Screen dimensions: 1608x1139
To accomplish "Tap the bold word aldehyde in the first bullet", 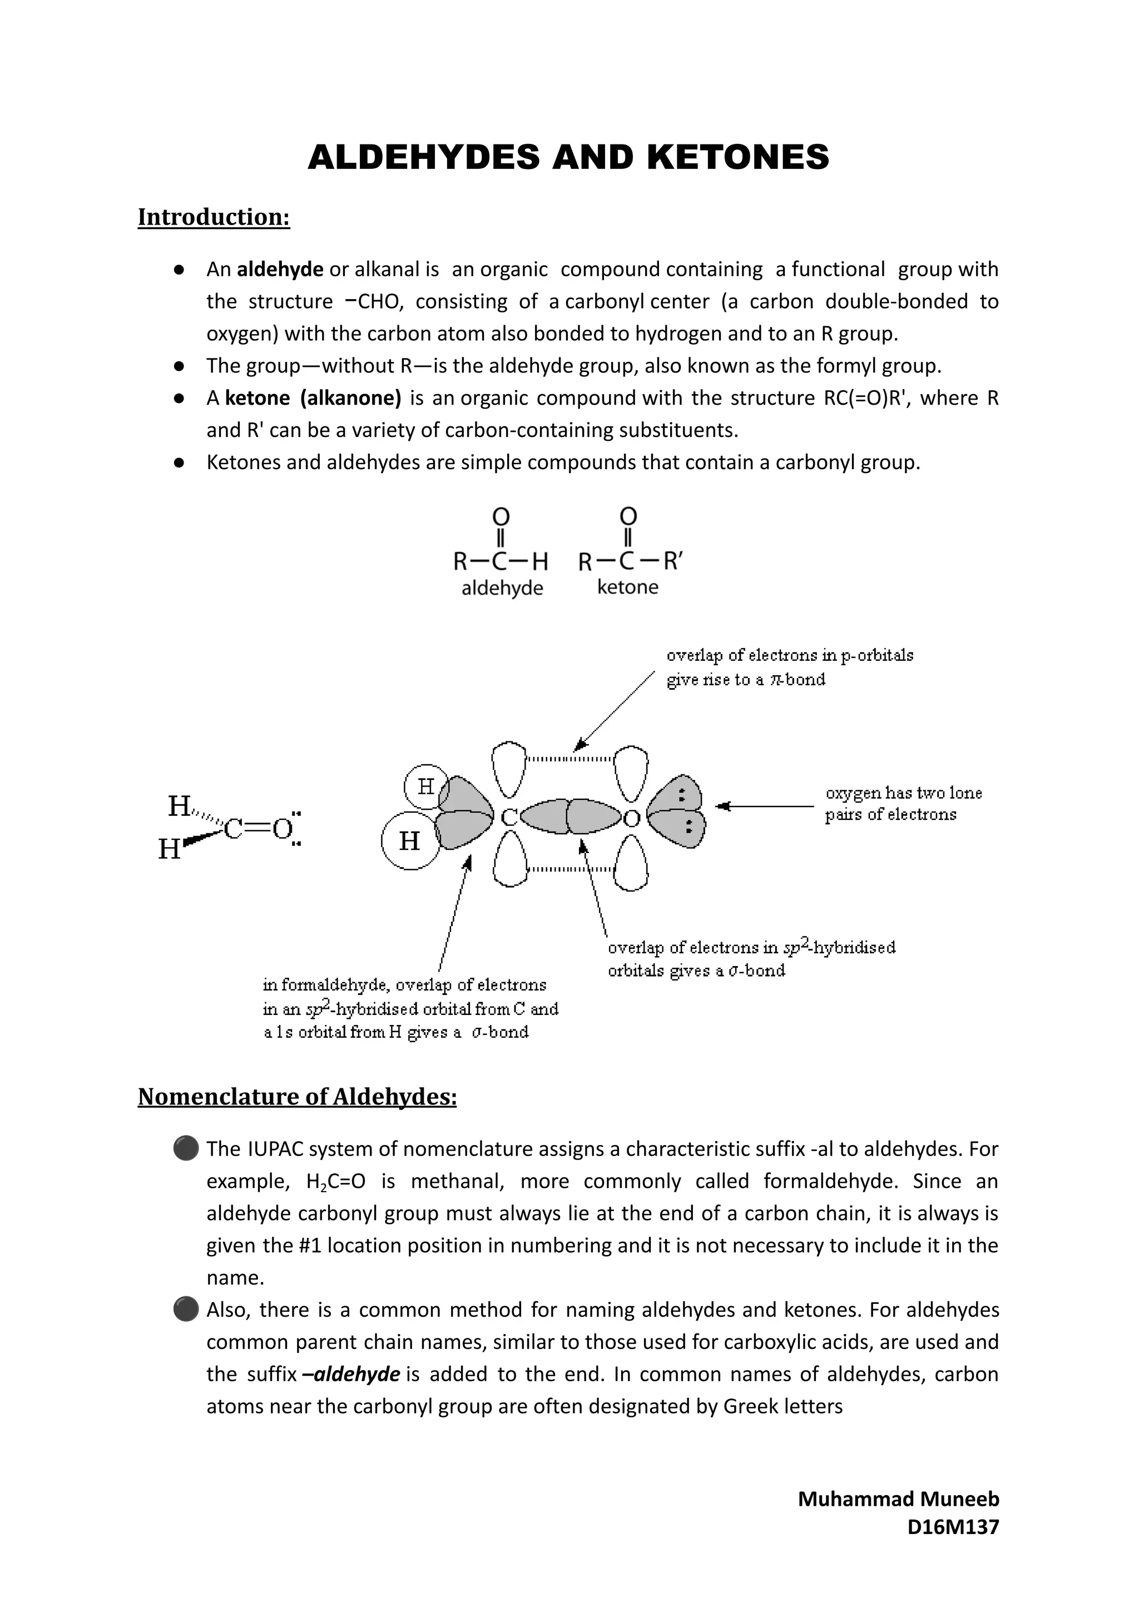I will [x=280, y=269].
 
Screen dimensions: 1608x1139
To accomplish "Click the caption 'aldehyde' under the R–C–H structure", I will [x=502, y=588].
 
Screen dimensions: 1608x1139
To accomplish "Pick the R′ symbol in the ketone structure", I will [x=672, y=561].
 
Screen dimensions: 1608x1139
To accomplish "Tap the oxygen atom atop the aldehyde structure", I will [x=501, y=516].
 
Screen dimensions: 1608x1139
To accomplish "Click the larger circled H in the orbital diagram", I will [x=409, y=840].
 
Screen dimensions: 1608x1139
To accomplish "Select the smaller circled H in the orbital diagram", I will [x=425, y=786].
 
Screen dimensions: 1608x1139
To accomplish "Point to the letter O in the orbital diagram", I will [x=631, y=818].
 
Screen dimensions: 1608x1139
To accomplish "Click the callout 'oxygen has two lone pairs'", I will [x=903, y=803].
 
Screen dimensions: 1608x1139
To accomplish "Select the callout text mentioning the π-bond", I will [x=789, y=668].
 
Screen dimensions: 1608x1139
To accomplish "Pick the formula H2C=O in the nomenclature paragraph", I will [x=336, y=1182].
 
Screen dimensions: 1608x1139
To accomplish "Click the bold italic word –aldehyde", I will [x=351, y=1374].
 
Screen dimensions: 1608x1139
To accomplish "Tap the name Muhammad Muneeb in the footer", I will [x=898, y=1500].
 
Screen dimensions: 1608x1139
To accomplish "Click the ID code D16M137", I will [x=953, y=1527].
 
